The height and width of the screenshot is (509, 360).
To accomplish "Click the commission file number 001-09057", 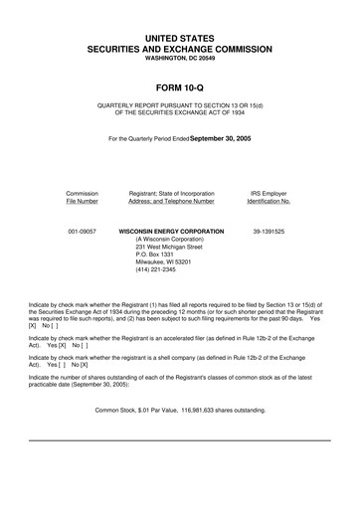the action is [x=82, y=231].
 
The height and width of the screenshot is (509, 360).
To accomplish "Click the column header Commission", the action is [x=82, y=193].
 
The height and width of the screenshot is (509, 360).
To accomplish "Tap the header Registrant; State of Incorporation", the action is [x=179, y=193].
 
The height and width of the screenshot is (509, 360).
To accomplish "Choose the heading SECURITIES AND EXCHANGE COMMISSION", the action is [x=179, y=48].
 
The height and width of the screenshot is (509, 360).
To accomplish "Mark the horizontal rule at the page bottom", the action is [x=179, y=439].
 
